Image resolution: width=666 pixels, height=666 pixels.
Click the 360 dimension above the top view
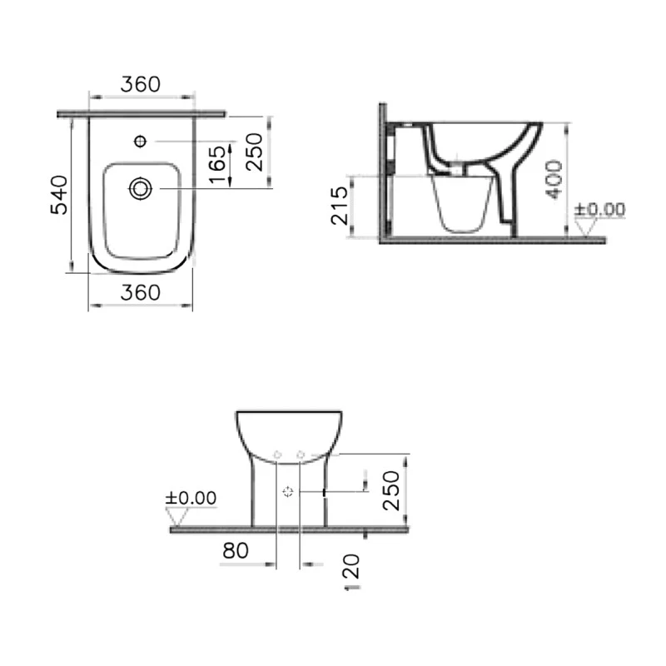click(141, 84)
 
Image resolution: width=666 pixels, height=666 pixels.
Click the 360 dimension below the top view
click(141, 292)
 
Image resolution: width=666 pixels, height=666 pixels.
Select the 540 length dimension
click(59, 195)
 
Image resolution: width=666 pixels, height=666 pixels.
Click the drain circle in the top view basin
click(140, 190)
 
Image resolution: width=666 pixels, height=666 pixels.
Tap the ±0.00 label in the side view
click(599, 209)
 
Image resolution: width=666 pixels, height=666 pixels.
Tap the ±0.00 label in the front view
click(191, 498)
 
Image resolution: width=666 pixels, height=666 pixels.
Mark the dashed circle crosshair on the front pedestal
click(288, 492)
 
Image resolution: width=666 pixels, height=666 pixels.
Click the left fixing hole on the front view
click(278, 455)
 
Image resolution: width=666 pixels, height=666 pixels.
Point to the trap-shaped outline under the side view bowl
click(463, 202)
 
